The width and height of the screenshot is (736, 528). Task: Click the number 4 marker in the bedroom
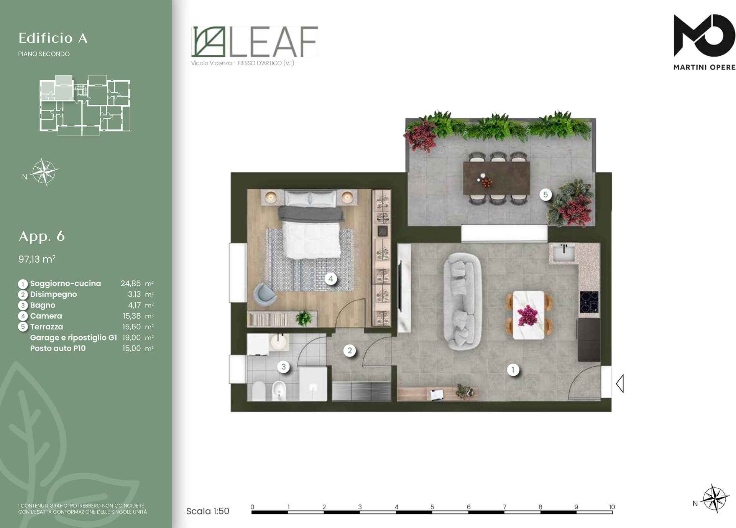tap(330, 279)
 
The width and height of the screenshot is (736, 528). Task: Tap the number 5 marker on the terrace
tap(545, 194)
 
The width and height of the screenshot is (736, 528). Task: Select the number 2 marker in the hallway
tap(349, 350)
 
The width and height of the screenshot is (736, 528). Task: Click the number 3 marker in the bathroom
tap(283, 367)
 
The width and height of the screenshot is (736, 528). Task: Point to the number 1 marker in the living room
tap(513, 370)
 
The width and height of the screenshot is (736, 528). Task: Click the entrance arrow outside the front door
tap(620, 383)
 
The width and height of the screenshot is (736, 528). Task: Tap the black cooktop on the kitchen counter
tap(589, 302)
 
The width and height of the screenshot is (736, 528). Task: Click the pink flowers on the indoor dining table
tap(528, 315)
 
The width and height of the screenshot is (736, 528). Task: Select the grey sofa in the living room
tap(462, 301)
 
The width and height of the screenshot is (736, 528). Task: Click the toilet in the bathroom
tap(259, 391)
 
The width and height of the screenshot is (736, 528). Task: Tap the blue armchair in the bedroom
tap(264, 294)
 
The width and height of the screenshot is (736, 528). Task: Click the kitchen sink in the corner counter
tap(563, 253)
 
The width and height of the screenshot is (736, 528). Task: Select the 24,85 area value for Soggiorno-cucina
tap(131, 283)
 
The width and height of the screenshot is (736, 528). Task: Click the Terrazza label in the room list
tap(46, 327)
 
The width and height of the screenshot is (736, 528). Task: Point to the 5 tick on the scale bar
tap(432, 507)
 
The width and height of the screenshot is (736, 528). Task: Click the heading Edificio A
tap(53, 38)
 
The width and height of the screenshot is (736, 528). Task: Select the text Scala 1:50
tap(208, 511)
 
